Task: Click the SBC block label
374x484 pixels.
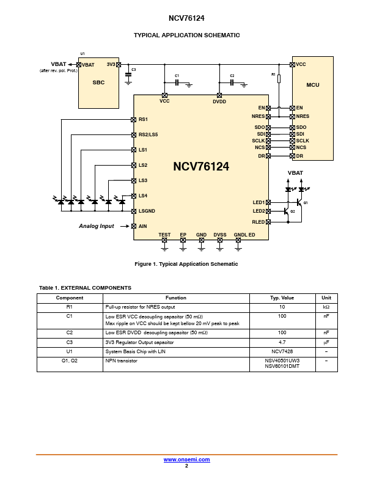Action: click(x=98, y=82)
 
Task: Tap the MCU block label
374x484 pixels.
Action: click(x=312, y=86)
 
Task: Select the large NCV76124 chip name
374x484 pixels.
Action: click(x=201, y=166)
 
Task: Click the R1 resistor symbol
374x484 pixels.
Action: click(x=279, y=78)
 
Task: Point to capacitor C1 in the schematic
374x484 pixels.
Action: click(x=177, y=82)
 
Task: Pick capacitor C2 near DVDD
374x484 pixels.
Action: click(x=232, y=82)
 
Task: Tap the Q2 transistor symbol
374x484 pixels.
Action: click(x=286, y=211)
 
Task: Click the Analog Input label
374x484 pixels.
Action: click(x=97, y=226)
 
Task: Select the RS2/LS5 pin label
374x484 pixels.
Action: click(x=148, y=134)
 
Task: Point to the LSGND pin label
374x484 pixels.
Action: click(x=147, y=211)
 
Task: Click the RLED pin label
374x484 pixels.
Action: click(x=258, y=222)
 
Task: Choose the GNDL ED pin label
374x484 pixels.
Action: click(x=244, y=235)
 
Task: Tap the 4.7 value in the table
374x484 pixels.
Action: click(x=282, y=342)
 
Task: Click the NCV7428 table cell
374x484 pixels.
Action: click(x=282, y=351)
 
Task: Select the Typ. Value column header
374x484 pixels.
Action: click(x=282, y=298)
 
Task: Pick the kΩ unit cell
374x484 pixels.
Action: click(x=326, y=306)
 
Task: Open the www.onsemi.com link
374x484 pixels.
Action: click(x=187, y=459)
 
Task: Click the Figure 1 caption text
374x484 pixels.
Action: click(x=186, y=264)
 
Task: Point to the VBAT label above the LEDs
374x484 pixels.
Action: click(x=295, y=173)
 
